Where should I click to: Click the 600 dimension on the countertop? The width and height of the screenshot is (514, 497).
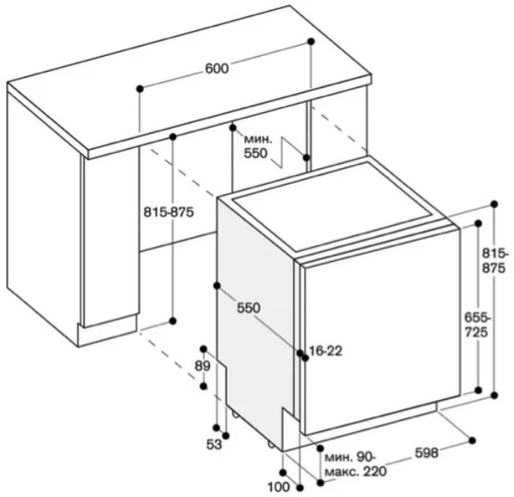click(216, 69)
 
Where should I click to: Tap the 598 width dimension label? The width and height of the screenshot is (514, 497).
click(426, 453)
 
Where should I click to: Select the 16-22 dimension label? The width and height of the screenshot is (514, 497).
click(325, 351)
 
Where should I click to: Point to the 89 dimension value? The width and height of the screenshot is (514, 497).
click(202, 366)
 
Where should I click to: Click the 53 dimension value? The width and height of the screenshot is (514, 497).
click(214, 445)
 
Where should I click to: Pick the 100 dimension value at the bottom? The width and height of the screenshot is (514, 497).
click(279, 488)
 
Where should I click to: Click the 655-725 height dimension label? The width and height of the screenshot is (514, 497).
click(477, 325)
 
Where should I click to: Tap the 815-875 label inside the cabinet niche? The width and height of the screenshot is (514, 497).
click(169, 212)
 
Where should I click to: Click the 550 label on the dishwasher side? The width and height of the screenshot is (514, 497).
click(249, 308)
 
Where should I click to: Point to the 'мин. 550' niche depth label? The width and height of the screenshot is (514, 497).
click(258, 146)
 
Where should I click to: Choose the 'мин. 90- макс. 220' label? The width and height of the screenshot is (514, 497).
click(355, 464)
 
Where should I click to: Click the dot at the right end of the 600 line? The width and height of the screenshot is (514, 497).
click(311, 41)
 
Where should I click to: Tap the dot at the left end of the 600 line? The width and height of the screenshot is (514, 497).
click(140, 88)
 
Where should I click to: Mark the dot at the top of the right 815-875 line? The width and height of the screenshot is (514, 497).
click(494, 204)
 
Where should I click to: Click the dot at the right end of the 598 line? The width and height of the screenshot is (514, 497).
click(472, 440)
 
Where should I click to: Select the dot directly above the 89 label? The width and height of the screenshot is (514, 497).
click(204, 349)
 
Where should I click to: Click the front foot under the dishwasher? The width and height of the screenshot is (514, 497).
click(271, 444)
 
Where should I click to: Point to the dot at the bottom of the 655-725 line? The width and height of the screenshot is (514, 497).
click(478, 390)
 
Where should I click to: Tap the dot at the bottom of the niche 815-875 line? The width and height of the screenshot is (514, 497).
click(173, 321)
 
